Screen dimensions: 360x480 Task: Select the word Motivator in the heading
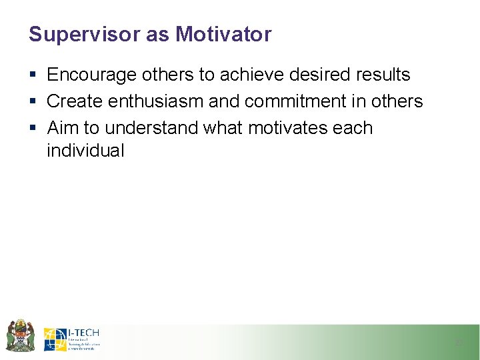[223, 35]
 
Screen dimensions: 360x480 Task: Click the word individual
[85, 151]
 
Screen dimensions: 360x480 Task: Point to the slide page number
[458, 343]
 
